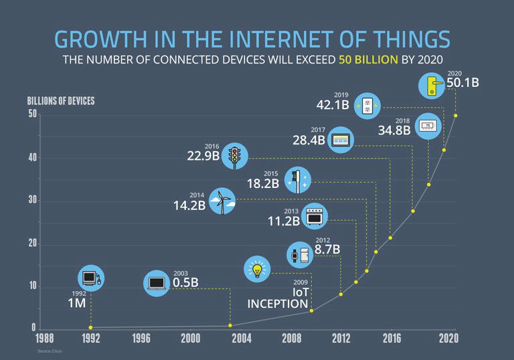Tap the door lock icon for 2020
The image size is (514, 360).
click(432, 84)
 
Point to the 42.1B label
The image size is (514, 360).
click(333, 105)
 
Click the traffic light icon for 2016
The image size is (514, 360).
click(235, 156)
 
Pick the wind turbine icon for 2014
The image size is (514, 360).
click(222, 200)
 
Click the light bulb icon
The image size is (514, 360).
click(257, 269)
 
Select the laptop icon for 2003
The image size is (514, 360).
click(157, 282)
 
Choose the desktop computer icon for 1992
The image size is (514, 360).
click(91, 278)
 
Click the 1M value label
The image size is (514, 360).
click(76, 303)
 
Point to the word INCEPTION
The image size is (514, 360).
click(277, 304)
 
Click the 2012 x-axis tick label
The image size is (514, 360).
click(342, 339)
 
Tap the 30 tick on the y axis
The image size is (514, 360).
click(32, 201)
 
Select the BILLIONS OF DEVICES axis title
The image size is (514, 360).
click(61, 102)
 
